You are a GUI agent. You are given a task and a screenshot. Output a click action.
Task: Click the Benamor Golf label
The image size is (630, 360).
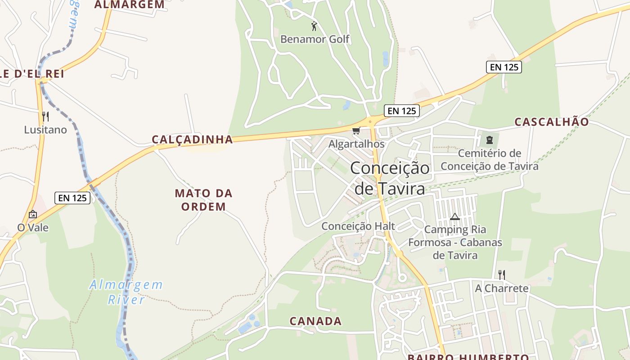tap(315, 39)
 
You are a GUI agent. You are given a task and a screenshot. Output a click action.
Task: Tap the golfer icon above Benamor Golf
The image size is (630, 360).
tap(314, 26)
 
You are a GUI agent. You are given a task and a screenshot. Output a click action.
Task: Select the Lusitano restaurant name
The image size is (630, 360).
tap(45, 130)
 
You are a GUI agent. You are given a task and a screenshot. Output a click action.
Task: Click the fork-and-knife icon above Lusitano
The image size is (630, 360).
tap(45, 117)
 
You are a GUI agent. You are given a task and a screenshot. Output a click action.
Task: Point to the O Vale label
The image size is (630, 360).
tap(33, 228)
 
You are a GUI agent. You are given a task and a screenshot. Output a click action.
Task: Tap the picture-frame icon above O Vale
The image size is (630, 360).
tap(32, 214)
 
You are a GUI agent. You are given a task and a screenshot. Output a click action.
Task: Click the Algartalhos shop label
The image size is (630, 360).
tap(356, 144)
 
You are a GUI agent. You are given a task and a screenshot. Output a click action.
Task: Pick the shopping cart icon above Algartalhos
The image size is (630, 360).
tap(356, 131)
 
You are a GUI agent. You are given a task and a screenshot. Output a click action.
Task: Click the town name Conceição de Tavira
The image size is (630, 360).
tap(390, 178)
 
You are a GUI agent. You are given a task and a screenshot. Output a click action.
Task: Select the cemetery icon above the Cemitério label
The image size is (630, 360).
tap(490, 140)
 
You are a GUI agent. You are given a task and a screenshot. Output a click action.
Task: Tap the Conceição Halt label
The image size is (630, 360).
tap(358, 226)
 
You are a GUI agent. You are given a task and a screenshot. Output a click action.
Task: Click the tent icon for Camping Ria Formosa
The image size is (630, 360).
tap(455, 216)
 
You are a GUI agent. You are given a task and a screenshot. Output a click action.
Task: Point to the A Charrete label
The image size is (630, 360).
tap(502, 288)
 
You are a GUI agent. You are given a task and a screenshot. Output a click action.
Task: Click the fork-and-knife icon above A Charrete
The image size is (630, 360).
tap(502, 274)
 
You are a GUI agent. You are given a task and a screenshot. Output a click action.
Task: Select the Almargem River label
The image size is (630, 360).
tap(126, 292)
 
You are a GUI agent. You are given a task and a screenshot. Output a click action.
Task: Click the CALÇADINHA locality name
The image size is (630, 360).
tap(192, 139)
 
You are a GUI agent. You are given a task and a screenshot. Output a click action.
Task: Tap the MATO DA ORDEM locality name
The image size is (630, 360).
tap(203, 200)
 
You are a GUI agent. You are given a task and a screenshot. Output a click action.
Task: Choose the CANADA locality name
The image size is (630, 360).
tap(315, 321)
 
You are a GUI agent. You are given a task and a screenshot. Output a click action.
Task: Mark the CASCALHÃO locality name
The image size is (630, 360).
tap(551, 122)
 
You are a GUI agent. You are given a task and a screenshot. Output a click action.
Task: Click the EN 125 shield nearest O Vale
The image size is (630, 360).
tap(72, 198)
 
